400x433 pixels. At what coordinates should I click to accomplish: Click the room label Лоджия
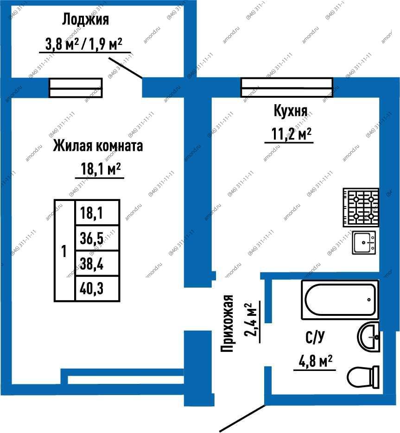(85, 19)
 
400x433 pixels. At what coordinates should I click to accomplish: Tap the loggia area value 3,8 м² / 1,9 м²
(84, 44)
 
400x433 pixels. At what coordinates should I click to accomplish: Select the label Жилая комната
(98, 145)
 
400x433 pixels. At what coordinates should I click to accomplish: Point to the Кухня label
(291, 111)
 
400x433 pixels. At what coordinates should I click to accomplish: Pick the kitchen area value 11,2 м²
(292, 134)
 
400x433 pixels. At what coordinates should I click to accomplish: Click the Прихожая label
(227, 323)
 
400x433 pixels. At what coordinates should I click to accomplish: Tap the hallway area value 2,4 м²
(251, 320)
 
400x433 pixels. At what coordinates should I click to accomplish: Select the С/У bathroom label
(315, 336)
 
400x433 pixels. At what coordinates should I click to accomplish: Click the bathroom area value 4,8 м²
(315, 361)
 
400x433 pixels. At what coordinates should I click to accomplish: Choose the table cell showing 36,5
(97, 238)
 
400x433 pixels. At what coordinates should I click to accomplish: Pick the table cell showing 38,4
(97, 263)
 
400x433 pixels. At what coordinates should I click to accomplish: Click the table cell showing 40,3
(97, 289)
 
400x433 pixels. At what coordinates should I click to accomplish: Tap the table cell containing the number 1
(64, 251)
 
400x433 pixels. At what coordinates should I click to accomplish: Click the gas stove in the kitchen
(361, 207)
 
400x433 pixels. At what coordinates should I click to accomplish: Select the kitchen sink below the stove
(364, 243)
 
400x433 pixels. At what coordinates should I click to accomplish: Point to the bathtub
(340, 300)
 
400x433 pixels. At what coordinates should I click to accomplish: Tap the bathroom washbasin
(368, 337)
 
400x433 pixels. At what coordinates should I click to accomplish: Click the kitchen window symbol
(287, 88)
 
